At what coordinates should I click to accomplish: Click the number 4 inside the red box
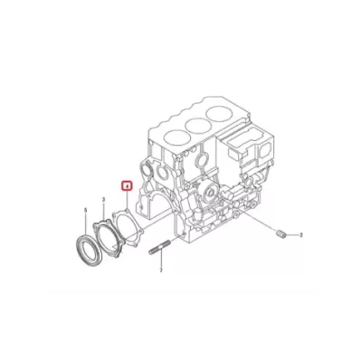[128, 185]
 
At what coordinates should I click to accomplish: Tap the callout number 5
[86, 210]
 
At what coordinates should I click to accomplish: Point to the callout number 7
[160, 270]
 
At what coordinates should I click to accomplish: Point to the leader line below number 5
[87, 223]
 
